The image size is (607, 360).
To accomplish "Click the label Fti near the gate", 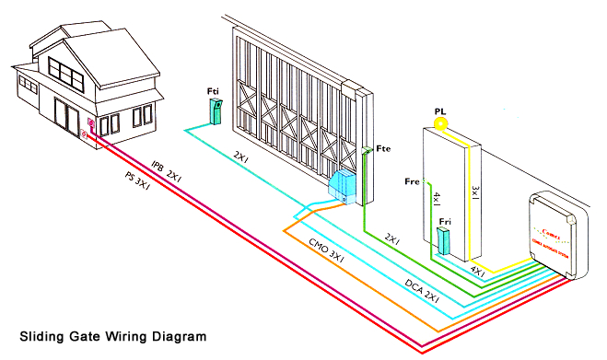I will tap(214, 90).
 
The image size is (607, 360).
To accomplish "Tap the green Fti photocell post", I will tap(216, 112).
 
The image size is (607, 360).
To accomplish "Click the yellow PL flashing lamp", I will tap(440, 121).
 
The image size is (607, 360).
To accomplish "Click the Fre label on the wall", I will tap(413, 182).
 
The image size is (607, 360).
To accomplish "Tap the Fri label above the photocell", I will tap(445, 222).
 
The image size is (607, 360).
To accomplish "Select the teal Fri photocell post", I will tap(443, 241).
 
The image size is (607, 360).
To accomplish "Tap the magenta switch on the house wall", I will tap(91, 124).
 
